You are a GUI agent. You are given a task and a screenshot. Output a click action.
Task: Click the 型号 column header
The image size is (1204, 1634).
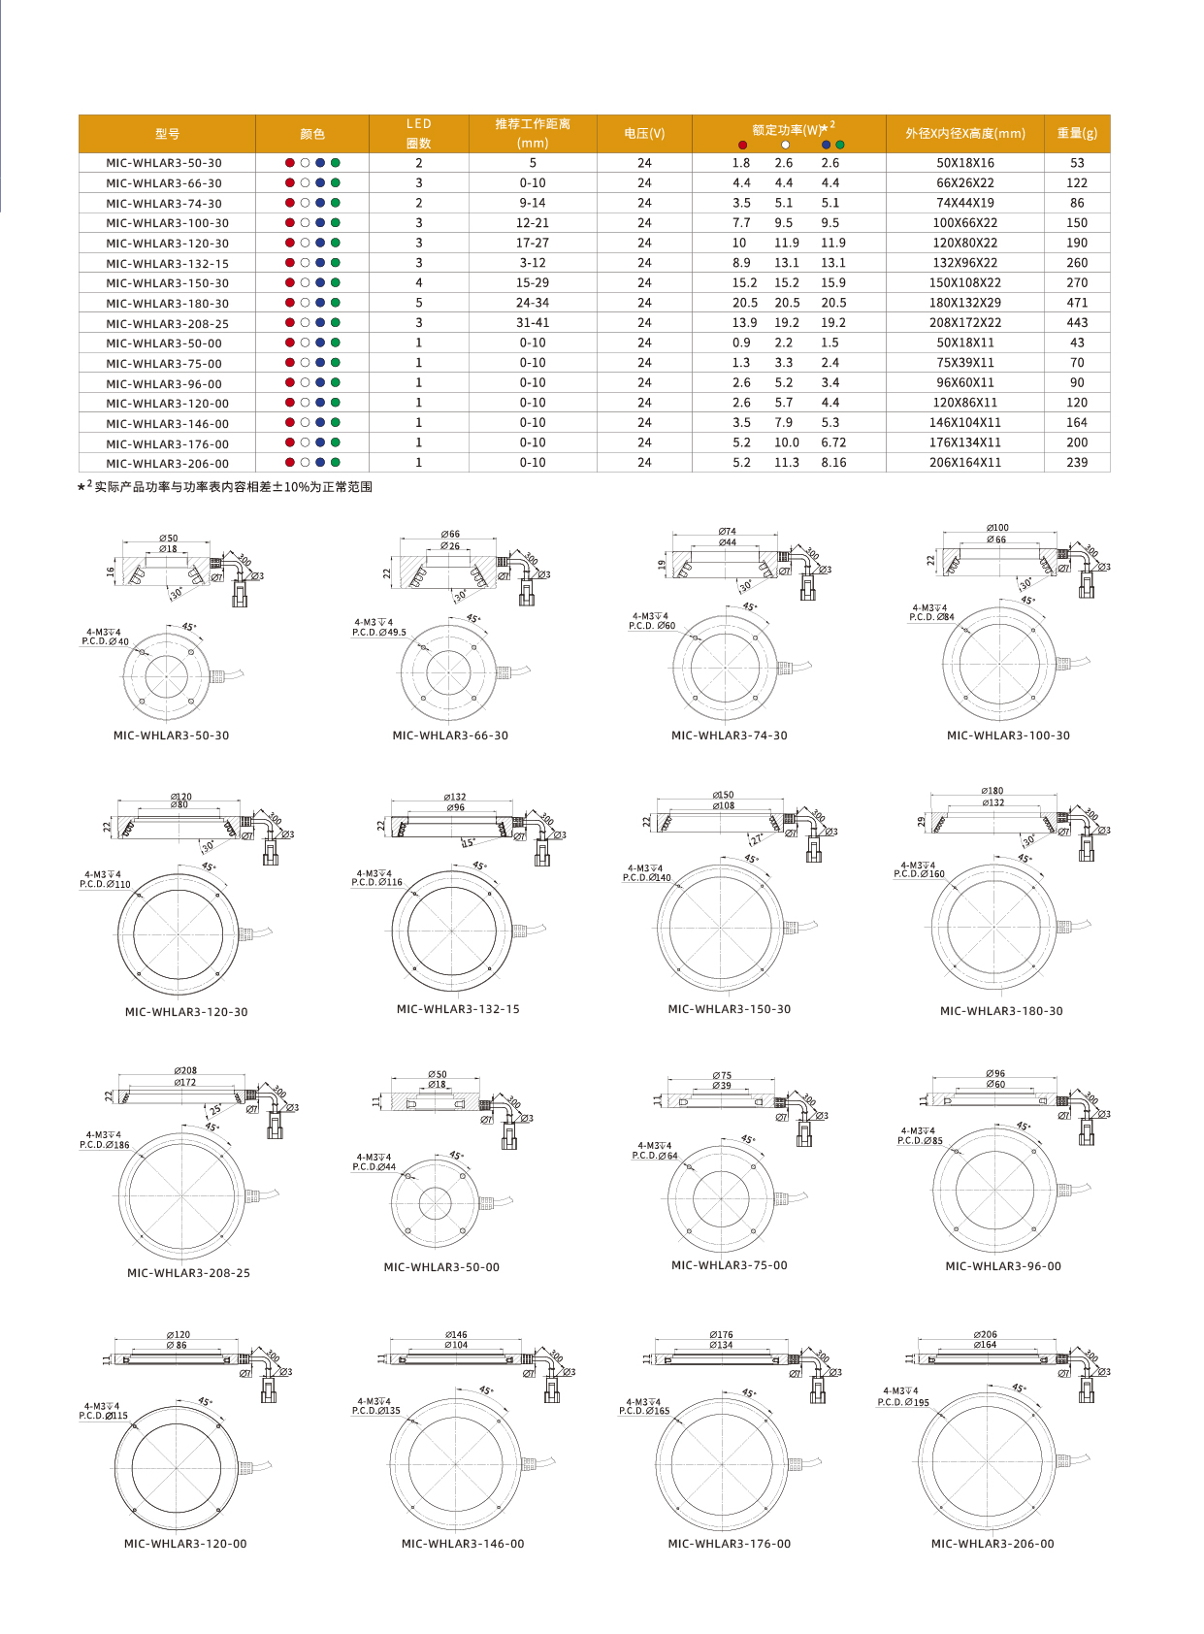(x=167, y=134)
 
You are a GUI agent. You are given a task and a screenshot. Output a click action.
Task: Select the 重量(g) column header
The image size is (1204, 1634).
(x=1077, y=134)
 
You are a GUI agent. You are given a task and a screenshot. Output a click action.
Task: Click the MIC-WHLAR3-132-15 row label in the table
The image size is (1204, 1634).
(x=167, y=264)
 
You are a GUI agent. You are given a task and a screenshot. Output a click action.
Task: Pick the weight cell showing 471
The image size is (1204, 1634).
(x=1077, y=303)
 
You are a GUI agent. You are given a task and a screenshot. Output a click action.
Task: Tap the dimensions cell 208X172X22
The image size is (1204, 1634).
(x=964, y=323)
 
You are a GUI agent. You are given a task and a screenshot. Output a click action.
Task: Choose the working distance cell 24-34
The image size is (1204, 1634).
(x=532, y=303)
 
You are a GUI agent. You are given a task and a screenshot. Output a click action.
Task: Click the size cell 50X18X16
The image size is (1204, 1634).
(x=964, y=163)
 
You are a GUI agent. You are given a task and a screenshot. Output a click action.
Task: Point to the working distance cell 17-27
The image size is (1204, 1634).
(x=532, y=244)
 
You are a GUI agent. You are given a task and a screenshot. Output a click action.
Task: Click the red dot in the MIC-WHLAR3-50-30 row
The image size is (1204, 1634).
(x=289, y=163)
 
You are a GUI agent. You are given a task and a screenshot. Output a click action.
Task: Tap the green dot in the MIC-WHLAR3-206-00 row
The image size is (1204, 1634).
(x=336, y=463)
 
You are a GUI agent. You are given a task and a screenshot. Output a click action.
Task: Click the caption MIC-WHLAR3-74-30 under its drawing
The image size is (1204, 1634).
(x=729, y=735)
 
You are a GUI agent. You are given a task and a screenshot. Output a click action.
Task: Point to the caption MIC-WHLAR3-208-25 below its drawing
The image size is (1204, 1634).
(x=188, y=1273)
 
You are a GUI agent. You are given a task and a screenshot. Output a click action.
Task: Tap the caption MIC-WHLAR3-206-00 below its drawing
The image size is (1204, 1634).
(x=992, y=1544)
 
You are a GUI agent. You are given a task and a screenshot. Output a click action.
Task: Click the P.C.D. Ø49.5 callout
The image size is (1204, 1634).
(x=379, y=633)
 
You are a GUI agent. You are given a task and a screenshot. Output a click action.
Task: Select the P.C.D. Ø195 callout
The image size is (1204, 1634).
(x=903, y=1402)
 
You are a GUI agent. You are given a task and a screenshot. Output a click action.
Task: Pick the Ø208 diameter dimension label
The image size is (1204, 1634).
(x=185, y=1071)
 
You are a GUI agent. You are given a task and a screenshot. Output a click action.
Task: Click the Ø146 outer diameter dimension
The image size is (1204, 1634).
(x=456, y=1335)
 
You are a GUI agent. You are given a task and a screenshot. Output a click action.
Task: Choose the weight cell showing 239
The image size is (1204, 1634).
(x=1077, y=463)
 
